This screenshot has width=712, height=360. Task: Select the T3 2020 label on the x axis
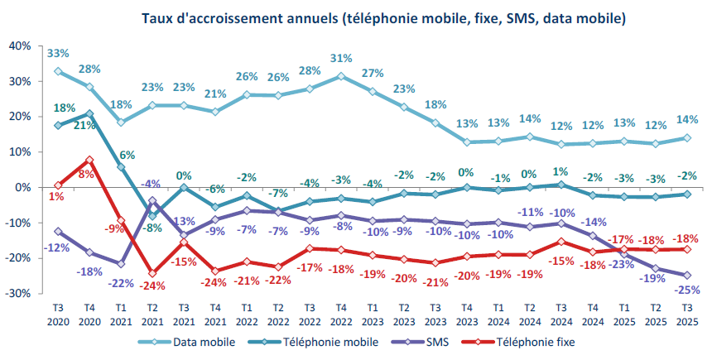coord(58,313)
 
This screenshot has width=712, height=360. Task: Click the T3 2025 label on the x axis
coord(687,313)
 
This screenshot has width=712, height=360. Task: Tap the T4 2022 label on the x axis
coord(341,313)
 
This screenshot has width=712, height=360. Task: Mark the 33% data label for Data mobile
coord(58,54)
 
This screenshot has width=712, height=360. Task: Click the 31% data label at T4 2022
coord(341,59)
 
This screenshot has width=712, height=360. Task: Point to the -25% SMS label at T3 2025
coord(686,290)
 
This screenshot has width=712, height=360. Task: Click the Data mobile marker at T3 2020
coord(58,71)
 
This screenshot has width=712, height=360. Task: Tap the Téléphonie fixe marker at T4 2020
coord(89,160)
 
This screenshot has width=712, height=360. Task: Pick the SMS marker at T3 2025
coord(687,276)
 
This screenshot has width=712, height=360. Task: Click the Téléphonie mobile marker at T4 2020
coord(89,113)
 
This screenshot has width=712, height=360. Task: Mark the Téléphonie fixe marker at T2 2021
coord(152,273)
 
